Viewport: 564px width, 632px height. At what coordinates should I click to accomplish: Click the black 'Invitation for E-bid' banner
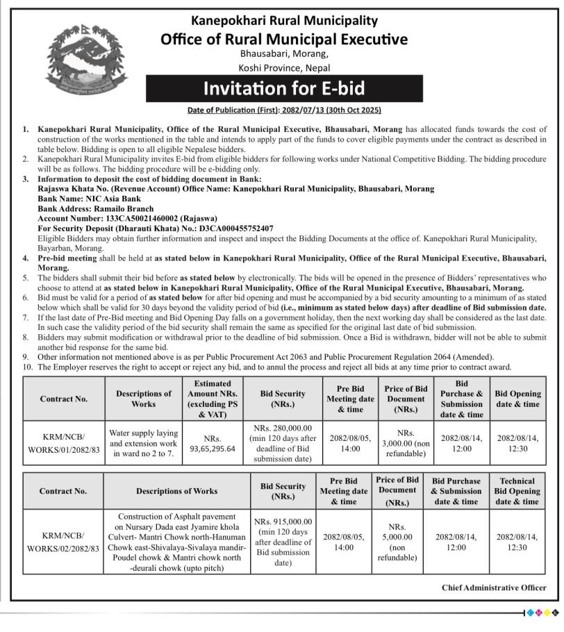pos(283,89)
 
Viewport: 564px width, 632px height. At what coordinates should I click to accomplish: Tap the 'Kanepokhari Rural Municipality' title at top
pos(284,21)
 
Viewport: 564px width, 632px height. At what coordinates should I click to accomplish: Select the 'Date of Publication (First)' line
pos(284,110)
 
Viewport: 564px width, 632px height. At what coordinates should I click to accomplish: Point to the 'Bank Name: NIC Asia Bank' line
pos(90,199)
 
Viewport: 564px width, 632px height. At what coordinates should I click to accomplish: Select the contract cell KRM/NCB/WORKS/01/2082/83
pos(63,444)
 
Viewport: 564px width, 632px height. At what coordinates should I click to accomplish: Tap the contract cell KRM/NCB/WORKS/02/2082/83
pos(63,542)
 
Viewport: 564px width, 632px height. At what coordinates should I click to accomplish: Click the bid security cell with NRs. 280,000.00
pos(282,444)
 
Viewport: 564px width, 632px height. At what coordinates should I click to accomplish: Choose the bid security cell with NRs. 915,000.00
pos(283,542)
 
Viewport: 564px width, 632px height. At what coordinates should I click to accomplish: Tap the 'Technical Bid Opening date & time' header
pos(517,491)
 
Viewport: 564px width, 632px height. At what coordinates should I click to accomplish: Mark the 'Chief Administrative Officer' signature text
pos(494,588)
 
